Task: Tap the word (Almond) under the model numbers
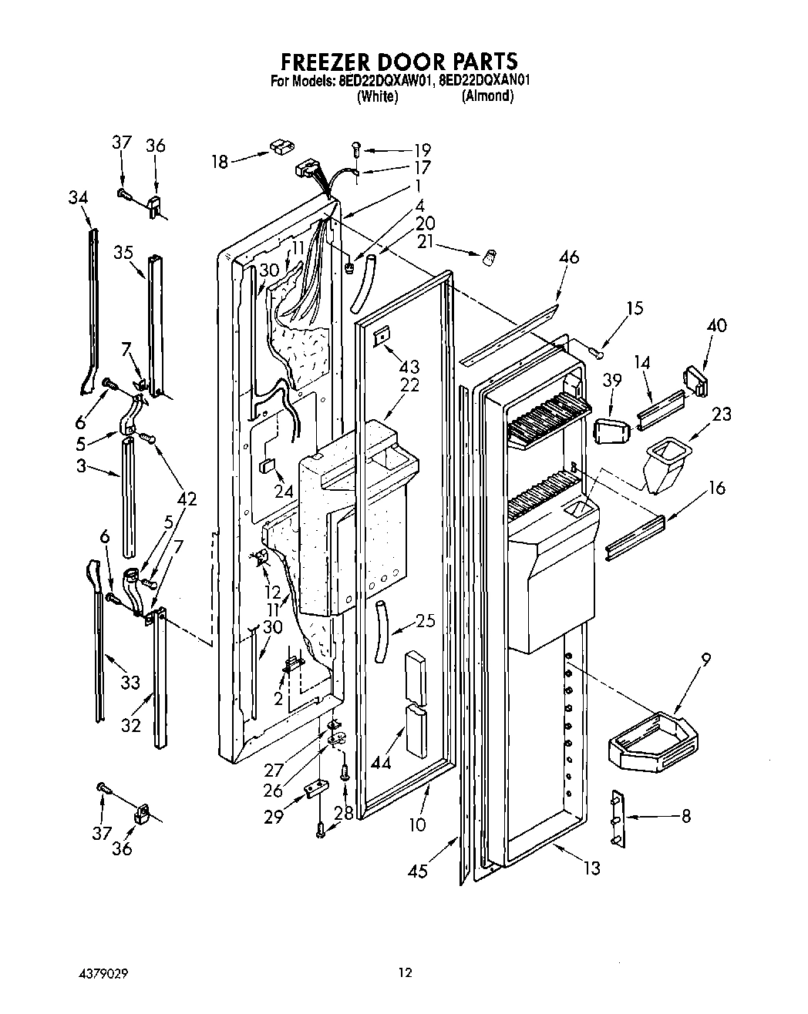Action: pyautogui.click(x=487, y=96)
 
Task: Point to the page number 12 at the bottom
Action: pyautogui.click(x=405, y=973)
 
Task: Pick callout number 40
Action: pyautogui.click(x=716, y=325)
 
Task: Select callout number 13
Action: pyautogui.click(x=591, y=868)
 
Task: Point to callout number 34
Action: pyautogui.click(x=78, y=198)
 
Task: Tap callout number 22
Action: pyautogui.click(x=409, y=385)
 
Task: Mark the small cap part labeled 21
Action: pyautogui.click(x=488, y=258)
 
